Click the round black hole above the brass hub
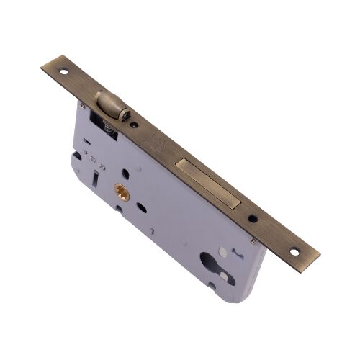[125, 174]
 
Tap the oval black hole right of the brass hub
[146, 205]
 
